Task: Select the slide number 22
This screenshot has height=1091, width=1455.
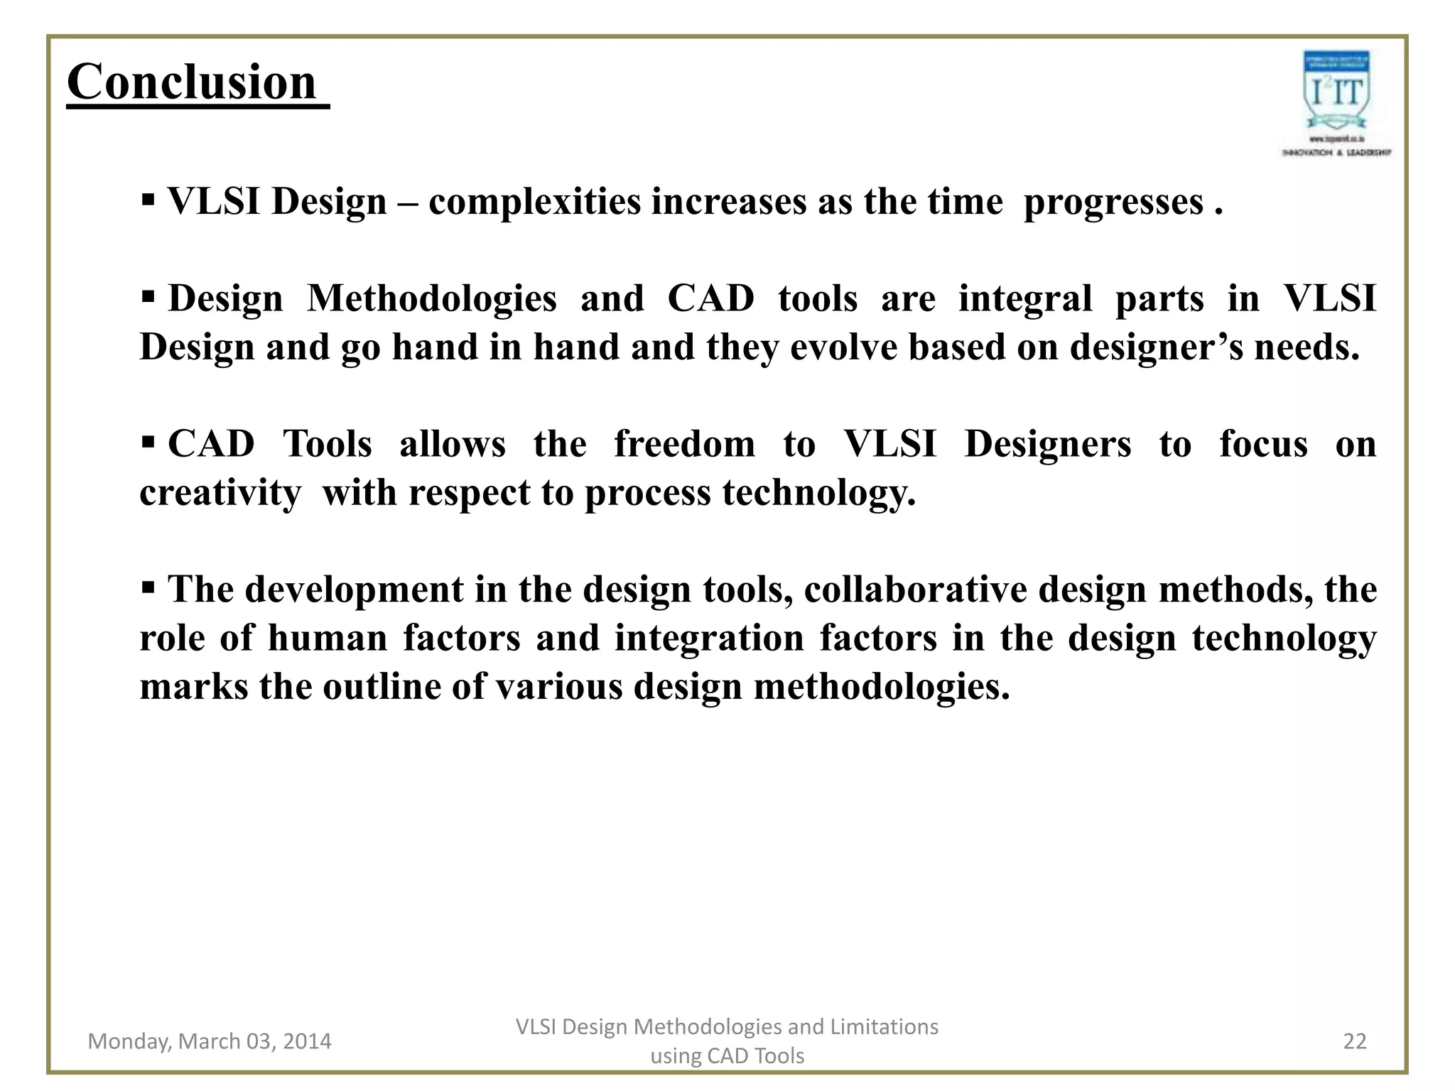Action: pos(1355,1041)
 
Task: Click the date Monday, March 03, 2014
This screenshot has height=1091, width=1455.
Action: pos(210,1041)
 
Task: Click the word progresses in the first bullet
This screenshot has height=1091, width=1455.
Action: pos(1113,202)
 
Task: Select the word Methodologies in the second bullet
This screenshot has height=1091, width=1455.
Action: pos(431,298)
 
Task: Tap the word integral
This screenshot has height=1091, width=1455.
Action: pos(1024,298)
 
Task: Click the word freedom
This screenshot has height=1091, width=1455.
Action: pos(684,445)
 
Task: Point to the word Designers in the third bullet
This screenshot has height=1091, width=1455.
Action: pos(1047,445)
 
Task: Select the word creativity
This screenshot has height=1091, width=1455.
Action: pos(220,493)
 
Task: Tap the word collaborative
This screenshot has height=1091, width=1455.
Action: pos(915,590)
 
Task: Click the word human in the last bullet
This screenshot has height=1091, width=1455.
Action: pos(327,638)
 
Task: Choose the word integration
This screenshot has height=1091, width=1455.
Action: pos(709,638)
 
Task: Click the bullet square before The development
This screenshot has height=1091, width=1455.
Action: pos(148,587)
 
